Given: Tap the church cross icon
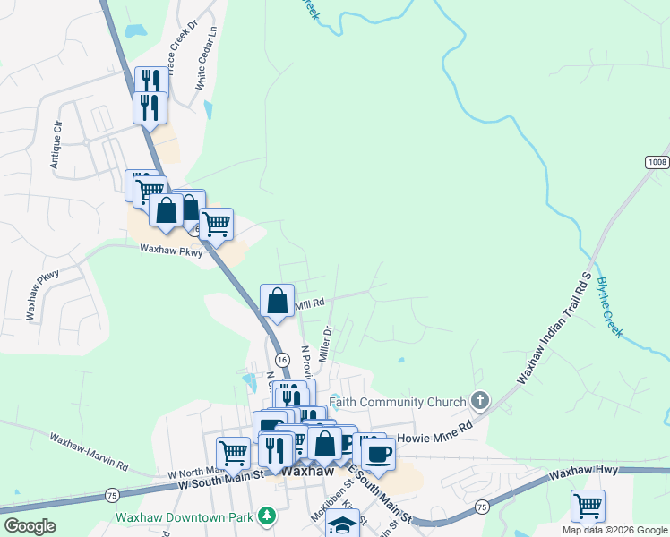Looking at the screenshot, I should [480, 401].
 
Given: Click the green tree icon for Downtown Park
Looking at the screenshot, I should [265, 516].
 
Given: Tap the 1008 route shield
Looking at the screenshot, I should [657, 161].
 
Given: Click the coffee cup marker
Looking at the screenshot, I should [378, 453].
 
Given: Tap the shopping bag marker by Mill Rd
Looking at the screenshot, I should [278, 301].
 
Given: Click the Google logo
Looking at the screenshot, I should [29, 526].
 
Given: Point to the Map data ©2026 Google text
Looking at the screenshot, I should [615, 530].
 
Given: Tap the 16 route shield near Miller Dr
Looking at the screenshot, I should [282, 359].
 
